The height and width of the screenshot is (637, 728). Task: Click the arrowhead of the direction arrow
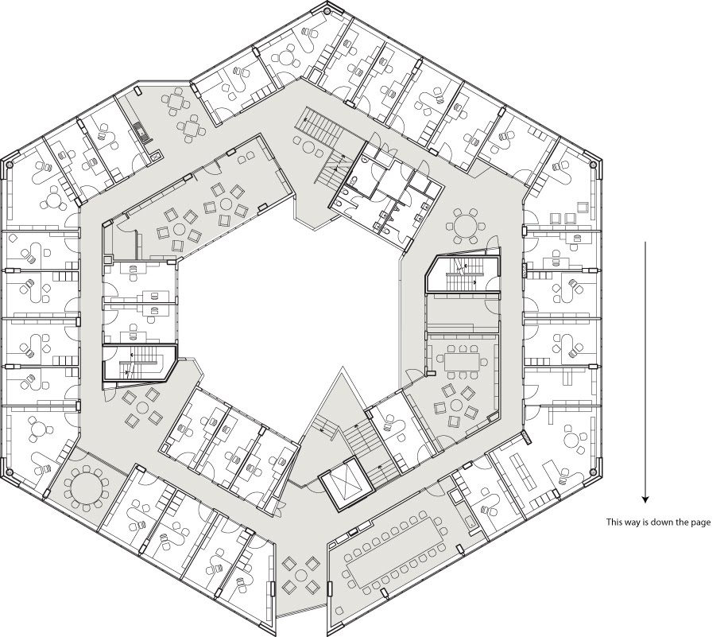click(645, 499)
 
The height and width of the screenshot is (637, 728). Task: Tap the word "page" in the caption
click(701, 523)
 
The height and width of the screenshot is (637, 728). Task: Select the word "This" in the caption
click(614, 522)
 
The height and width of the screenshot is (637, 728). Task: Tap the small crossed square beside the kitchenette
click(157, 155)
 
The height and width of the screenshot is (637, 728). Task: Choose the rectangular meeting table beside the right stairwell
click(462, 361)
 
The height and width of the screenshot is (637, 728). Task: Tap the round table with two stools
click(308, 147)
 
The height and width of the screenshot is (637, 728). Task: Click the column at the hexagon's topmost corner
click(329, 9)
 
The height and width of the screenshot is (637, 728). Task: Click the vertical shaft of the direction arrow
click(645, 369)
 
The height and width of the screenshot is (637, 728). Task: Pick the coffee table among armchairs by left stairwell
click(142, 407)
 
